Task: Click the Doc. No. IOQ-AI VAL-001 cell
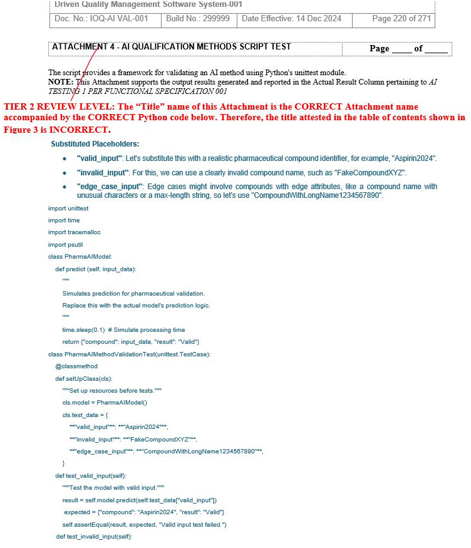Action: click(101, 19)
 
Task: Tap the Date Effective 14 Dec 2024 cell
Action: click(291, 19)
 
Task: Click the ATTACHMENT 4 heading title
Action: click(171, 47)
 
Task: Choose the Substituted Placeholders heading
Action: click(95, 144)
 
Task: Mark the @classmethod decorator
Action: click(76, 366)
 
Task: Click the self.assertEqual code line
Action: click(144, 524)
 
